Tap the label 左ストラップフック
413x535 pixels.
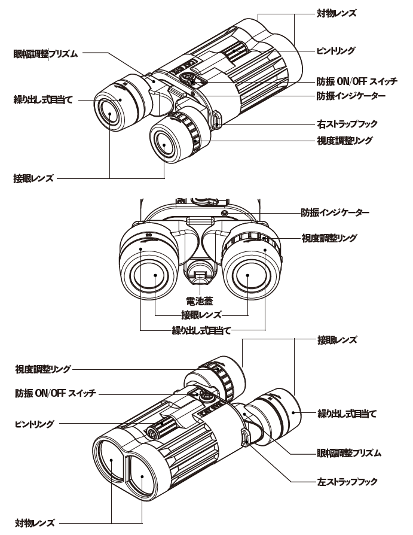click(347, 481)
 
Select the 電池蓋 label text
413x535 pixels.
click(200, 301)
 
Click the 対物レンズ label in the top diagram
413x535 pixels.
click(336, 12)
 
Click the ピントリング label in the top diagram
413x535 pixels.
click(335, 51)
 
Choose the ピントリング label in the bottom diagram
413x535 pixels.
click(34, 424)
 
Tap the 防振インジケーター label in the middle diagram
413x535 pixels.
click(335, 212)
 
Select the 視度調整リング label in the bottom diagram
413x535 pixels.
click(43, 369)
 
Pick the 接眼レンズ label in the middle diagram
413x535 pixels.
click(201, 314)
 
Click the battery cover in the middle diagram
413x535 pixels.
click(200, 276)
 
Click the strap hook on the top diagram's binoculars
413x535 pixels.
click(216, 120)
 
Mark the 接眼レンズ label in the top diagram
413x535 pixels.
click(33, 178)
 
